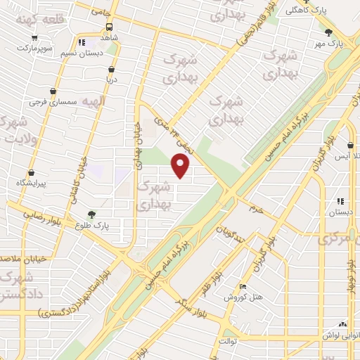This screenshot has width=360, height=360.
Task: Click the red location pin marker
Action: click(x=181, y=167)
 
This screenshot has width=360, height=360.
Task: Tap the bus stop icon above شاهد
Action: click(x=81, y=42)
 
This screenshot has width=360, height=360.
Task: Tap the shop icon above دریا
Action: click(x=111, y=69)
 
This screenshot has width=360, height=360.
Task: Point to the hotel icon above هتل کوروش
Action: click(x=243, y=286)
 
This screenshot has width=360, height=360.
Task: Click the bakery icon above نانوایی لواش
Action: click(x=342, y=325)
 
